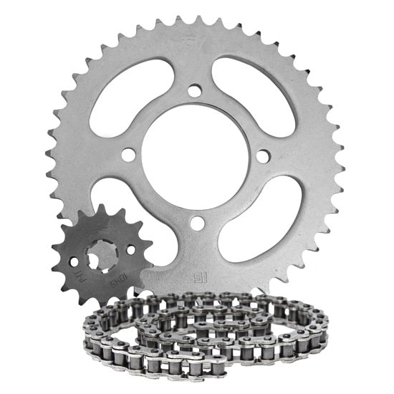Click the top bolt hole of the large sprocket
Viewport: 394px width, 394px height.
coord(195,90)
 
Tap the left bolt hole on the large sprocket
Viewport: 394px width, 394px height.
coord(128,155)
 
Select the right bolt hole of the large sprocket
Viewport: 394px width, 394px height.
coord(262,155)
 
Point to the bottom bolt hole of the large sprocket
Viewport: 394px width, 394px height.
coord(195,221)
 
